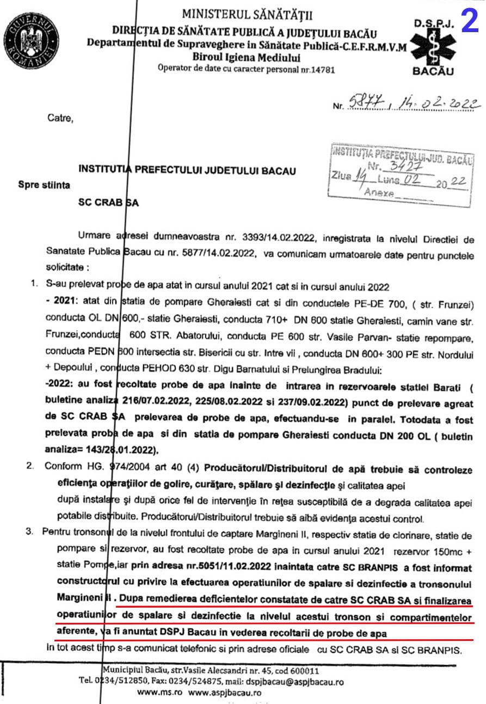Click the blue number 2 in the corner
pos(470,21)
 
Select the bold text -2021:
pos(58,300)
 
